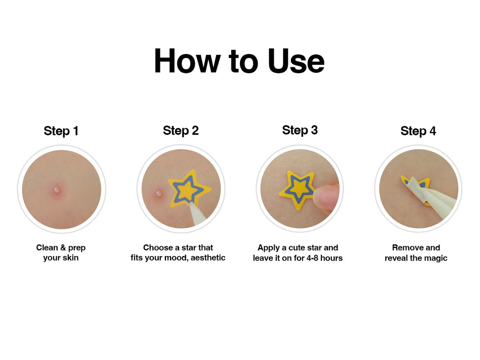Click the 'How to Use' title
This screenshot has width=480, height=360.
(x=239, y=61)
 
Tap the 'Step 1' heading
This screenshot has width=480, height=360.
(x=61, y=131)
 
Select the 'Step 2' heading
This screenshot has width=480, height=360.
(x=181, y=130)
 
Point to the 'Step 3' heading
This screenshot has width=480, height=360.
(x=300, y=130)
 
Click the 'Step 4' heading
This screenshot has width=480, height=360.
(x=418, y=131)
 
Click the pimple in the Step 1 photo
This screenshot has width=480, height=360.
(x=57, y=190)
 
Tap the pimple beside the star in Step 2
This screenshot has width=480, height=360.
(x=158, y=193)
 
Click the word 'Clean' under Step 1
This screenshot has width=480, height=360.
(x=47, y=247)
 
